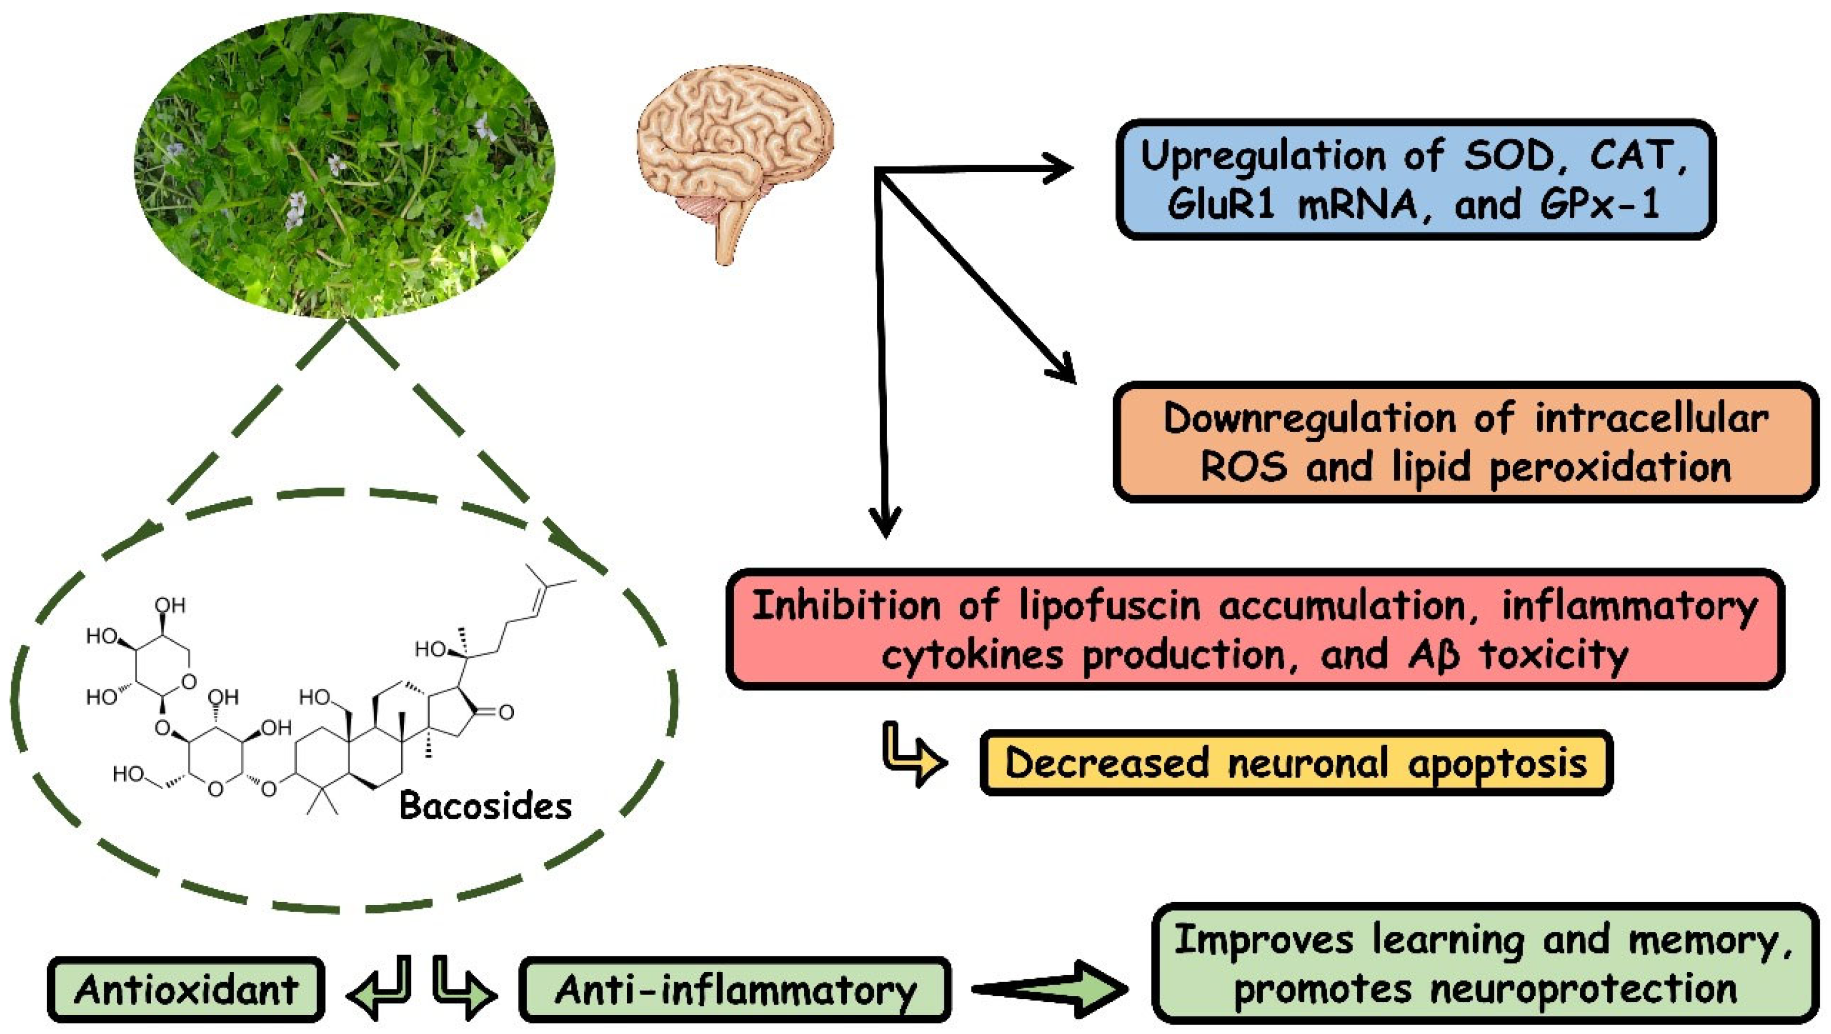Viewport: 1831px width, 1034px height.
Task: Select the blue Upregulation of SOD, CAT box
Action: point(1415,179)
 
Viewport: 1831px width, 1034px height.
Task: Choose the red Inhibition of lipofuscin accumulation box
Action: point(1254,629)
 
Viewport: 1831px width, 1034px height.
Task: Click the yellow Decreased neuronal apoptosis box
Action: point(1295,763)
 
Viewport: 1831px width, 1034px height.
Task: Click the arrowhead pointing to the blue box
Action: point(1059,169)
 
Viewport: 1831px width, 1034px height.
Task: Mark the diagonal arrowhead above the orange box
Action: point(1062,369)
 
